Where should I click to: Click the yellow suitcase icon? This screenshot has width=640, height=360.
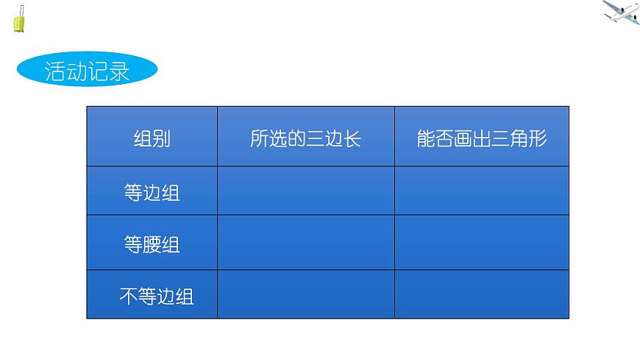(x=20, y=20)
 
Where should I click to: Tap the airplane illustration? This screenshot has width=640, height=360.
(x=622, y=13)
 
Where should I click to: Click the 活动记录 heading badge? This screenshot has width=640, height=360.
(x=87, y=72)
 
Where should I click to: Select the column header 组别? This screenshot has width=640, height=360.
(x=152, y=138)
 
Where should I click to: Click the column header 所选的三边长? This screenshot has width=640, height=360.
(x=305, y=138)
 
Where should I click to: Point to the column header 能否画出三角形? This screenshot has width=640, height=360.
(x=482, y=138)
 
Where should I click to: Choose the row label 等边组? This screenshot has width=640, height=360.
(x=152, y=193)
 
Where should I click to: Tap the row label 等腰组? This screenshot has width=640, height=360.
(x=152, y=244)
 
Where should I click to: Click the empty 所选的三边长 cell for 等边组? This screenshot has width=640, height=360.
(x=305, y=191)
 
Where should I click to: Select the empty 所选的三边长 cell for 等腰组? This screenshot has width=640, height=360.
(x=305, y=243)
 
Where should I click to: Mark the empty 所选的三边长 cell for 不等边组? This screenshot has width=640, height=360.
(x=305, y=294)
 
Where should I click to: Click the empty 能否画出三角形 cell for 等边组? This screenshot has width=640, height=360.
(x=482, y=191)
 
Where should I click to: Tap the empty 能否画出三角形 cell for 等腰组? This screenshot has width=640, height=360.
(x=482, y=243)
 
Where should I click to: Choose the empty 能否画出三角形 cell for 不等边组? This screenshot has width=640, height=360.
(x=482, y=294)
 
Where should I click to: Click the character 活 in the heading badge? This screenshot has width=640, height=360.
(x=55, y=72)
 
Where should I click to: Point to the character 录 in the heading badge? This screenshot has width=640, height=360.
(x=120, y=72)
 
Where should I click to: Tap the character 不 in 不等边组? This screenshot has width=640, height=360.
(x=129, y=296)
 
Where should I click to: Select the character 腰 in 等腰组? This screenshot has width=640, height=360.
(x=152, y=244)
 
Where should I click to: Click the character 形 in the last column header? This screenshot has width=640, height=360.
(x=538, y=138)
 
